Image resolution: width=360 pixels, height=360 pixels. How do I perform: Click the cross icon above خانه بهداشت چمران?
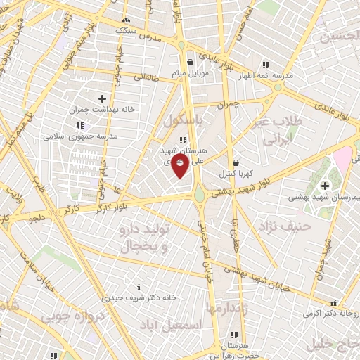103,98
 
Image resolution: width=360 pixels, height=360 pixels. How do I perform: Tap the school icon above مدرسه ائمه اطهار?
265,64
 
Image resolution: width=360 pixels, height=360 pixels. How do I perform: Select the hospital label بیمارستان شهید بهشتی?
318,197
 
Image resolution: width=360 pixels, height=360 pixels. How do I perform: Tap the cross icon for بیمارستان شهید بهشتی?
324,186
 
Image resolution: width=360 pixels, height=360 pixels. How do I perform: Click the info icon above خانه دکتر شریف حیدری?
139,287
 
